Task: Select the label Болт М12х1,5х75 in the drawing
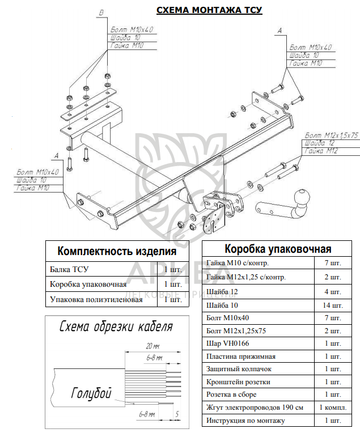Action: (x=332, y=136)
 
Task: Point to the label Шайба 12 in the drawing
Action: (x=319, y=143)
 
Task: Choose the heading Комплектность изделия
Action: (x=117, y=251)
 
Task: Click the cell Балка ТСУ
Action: (x=70, y=269)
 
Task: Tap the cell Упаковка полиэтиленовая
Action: (x=96, y=299)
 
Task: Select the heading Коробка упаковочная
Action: (x=278, y=248)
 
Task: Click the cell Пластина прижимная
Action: (x=239, y=356)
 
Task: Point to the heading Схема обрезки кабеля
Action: (x=117, y=328)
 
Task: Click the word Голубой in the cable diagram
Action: (x=92, y=393)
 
